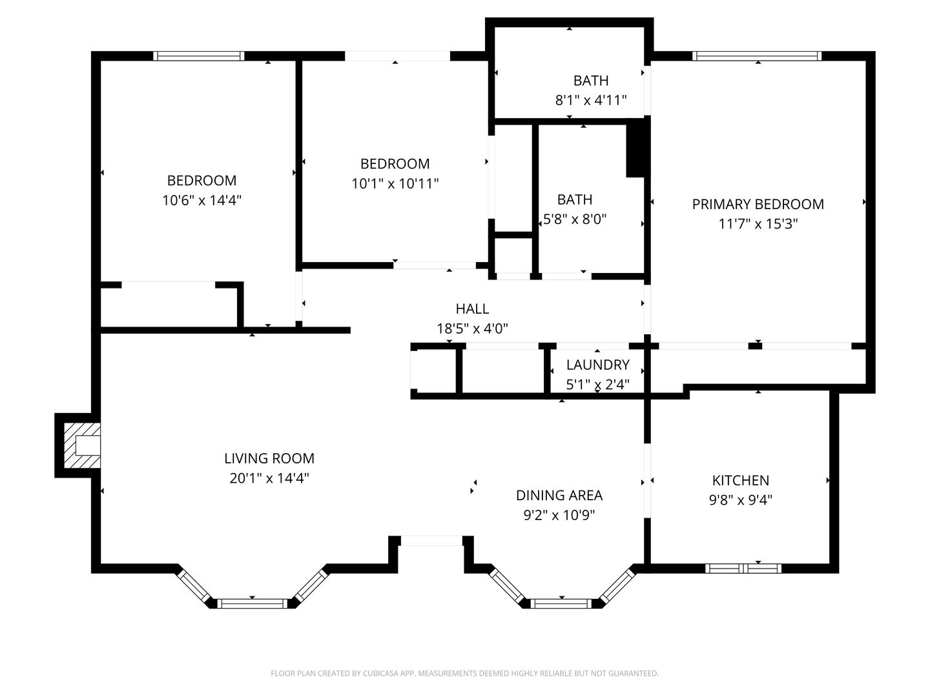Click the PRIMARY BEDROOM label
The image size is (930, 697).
[758, 204]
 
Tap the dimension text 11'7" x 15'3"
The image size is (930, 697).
[758, 224]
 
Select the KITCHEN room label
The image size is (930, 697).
[740, 480]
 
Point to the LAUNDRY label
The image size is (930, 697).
[597, 365]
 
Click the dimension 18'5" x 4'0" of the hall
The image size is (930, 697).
[472, 328]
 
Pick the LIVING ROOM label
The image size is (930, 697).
[269, 458]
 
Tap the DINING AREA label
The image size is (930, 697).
[559, 495]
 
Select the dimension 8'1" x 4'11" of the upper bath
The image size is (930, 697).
[590, 100]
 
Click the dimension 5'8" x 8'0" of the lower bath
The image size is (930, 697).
[574, 219]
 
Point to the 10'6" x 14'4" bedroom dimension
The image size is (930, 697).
[201, 200]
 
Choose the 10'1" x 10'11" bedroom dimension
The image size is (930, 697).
[395, 184]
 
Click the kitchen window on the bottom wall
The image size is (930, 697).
[743, 569]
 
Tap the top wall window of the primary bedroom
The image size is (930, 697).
[757, 56]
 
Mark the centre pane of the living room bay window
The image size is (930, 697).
[252, 603]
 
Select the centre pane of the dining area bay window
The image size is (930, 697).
[561, 603]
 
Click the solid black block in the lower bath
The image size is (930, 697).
[635, 148]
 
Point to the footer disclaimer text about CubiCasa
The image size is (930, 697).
[464, 673]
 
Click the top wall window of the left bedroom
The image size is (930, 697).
[199, 56]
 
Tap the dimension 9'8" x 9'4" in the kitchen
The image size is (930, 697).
[740, 500]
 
